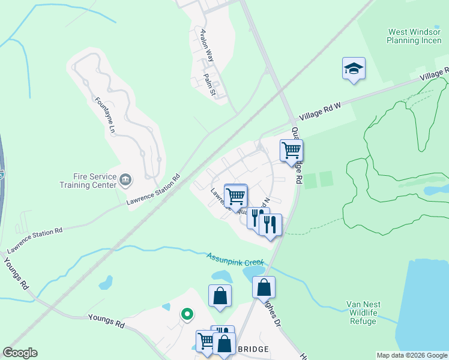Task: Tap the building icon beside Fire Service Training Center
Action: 126,179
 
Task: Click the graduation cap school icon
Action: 354,69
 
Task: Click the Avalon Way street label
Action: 207,45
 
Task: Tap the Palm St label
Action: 209,85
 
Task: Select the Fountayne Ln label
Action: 104,115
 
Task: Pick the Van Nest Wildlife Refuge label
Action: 369,313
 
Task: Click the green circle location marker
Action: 187,313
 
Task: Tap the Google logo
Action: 20,353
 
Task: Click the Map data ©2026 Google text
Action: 412,355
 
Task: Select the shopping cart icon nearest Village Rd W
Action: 291,151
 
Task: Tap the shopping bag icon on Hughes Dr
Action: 264,288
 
